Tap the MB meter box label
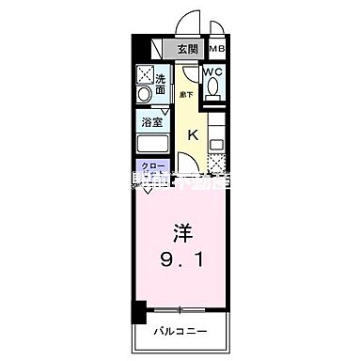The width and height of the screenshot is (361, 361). tap(217, 50)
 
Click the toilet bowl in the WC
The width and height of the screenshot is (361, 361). tap(215, 87)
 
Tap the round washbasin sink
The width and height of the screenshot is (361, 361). tap(144, 96)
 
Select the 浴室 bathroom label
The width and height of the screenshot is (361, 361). tap(151, 121)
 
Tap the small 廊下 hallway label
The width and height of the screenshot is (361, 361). tap(186, 95)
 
